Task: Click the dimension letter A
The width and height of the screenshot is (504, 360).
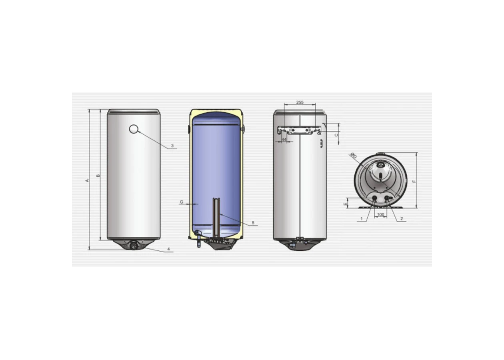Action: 88,180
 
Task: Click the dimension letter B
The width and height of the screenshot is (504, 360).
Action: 98,176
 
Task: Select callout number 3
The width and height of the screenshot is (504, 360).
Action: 172,146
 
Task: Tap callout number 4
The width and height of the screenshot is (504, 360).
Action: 168,249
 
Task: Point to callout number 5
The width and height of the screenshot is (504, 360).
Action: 253,223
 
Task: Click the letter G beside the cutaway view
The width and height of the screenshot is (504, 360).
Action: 182,202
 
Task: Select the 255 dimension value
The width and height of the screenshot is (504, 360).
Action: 300,102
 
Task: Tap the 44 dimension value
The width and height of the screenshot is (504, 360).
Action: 284,140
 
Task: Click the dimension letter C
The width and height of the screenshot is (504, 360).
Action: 336,135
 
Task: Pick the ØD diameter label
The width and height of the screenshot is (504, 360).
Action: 354,156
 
